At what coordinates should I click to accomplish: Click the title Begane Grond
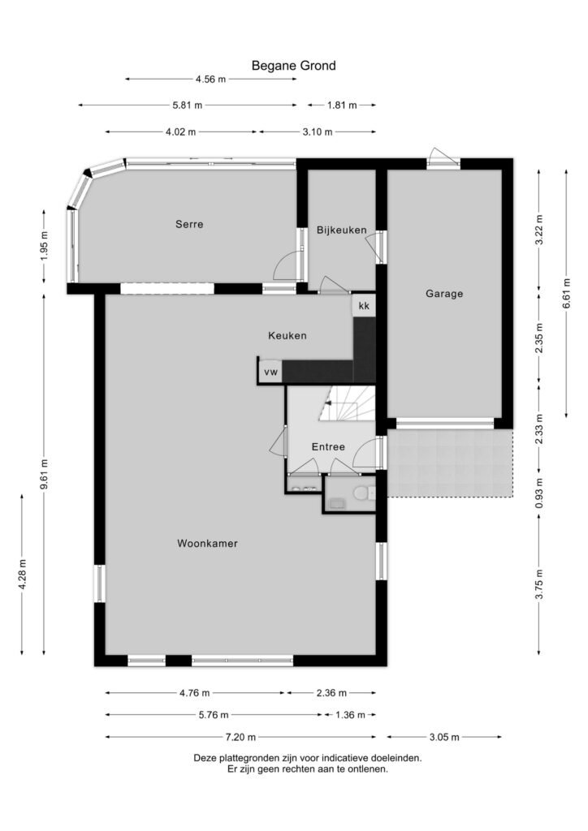coord(294,66)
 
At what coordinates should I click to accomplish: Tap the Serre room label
coord(189,224)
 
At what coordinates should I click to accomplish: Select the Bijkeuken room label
coord(341,230)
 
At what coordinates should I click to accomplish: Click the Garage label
coord(444,294)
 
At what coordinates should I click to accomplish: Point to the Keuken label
coord(288,335)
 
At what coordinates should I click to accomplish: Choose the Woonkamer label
coord(207,543)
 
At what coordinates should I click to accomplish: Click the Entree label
coord(328,447)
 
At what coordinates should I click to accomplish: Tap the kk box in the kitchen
coord(364,306)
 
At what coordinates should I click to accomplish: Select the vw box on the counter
coord(270,372)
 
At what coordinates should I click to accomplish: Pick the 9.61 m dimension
coord(44,474)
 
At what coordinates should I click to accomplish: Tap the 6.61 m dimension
coord(567,293)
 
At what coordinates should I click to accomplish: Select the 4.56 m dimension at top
coord(210,80)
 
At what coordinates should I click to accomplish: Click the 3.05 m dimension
coord(443,737)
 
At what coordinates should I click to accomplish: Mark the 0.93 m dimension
coord(539,494)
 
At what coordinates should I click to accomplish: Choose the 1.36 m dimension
coord(350,715)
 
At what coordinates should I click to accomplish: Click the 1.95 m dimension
coord(44,246)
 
